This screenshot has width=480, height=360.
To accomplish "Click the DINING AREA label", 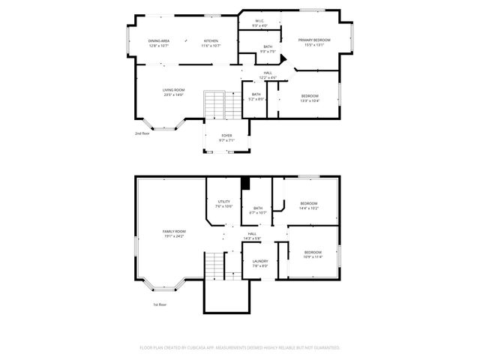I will (x=158, y=40).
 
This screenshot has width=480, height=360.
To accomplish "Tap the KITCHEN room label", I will (x=211, y=40).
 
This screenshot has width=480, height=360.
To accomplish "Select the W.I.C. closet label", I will (x=259, y=21).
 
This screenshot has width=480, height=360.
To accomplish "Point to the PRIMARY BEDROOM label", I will (x=313, y=40).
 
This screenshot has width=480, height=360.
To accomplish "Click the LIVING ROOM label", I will (x=173, y=90).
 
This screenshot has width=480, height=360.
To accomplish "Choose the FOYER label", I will (x=226, y=136).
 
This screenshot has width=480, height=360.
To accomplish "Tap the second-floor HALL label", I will (x=268, y=73).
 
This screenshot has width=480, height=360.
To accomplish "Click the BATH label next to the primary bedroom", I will (x=268, y=47).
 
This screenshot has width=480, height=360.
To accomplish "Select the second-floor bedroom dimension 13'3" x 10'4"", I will (x=310, y=100).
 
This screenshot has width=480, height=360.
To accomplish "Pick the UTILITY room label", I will (x=223, y=201).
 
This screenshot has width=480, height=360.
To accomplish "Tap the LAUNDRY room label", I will (x=259, y=261).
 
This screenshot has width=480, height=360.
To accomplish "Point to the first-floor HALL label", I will (x=252, y=233).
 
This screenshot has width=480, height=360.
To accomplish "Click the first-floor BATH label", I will (x=258, y=208).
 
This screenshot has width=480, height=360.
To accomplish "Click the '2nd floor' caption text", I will (x=142, y=133).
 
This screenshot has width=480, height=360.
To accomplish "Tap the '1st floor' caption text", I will (x=159, y=304).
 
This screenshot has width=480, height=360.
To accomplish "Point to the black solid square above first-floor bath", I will (x=244, y=182).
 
